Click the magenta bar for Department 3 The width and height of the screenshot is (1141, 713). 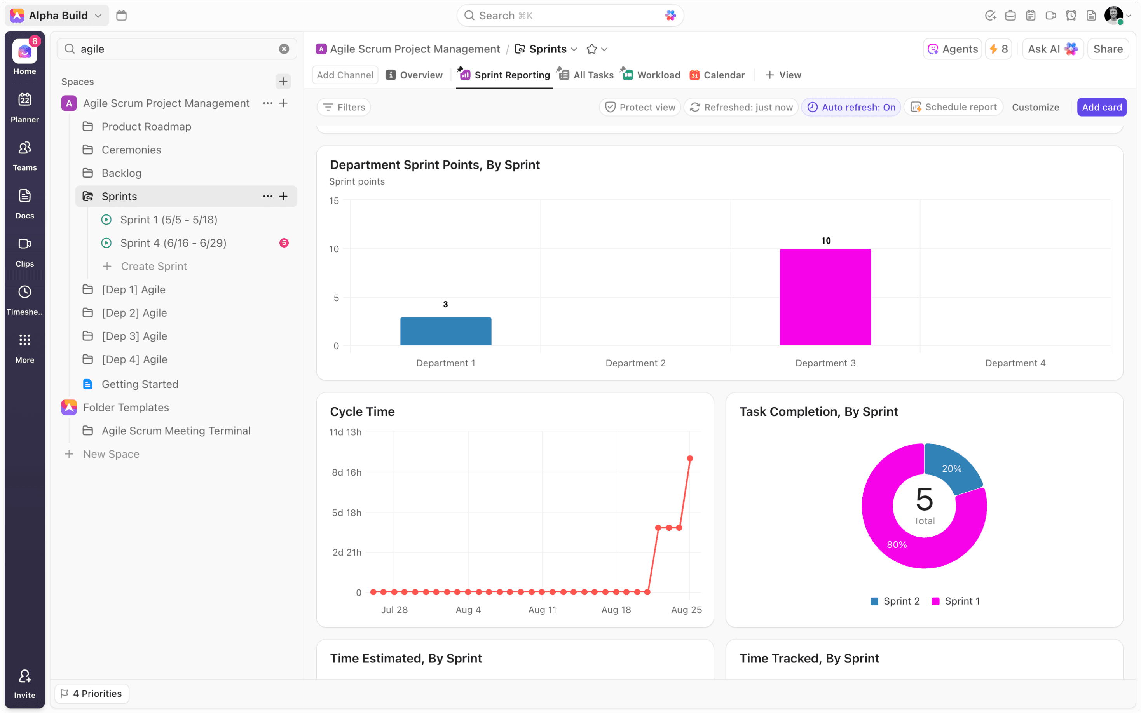tap(825, 297)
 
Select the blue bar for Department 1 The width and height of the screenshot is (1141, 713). tap(445, 331)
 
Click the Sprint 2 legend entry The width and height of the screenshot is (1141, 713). tap(895, 601)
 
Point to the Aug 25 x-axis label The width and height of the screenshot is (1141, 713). tap(686, 610)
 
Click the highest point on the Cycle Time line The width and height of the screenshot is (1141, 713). tap(690, 458)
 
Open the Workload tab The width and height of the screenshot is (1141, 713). tap(658, 75)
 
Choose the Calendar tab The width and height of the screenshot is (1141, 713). tap(724, 75)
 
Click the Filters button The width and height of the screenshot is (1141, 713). tap(344, 107)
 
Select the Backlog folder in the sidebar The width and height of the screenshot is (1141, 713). tap(121, 173)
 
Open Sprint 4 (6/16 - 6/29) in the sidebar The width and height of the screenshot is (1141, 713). tap(173, 243)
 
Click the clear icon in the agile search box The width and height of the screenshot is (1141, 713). tap(284, 49)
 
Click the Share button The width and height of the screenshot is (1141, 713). tap(1108, 49)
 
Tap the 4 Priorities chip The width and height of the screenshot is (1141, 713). tap(92, 693)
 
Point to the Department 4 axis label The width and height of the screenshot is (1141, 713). tap(1015, 363)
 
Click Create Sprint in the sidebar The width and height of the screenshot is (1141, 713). tap(154, 267)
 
